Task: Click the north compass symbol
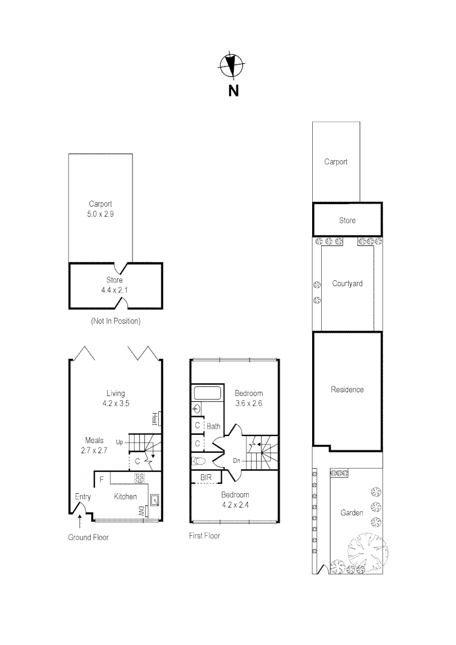point(231,66)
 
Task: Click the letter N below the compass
point(233,91)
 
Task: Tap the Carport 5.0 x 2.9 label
point(100,208)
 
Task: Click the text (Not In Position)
point(116,321)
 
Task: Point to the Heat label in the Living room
point(154,418)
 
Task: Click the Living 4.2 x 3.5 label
point(115,398)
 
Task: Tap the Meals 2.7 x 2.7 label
point(94,446)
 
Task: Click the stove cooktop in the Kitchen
point(140,478)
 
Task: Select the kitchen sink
point(154,499)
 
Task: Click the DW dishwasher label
point(141,511)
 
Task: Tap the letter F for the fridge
point(102,479)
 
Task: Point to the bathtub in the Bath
point(207,393)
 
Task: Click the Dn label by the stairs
point(238,460)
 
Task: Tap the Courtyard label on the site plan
point(347,284)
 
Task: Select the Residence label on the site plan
point(347,389)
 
